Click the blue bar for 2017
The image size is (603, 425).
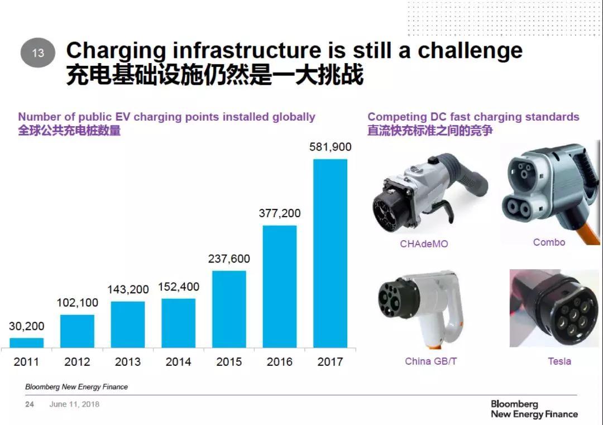click(330, 253)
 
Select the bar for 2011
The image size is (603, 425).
click(26, 342)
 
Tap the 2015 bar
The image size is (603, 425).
click(229, 309)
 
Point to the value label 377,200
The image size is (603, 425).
click(279, 213)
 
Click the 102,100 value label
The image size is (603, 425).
click(77, 303)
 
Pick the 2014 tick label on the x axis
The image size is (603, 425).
click(178, 362)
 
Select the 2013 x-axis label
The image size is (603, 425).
click(128, 362)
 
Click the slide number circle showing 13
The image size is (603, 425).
click(38, 53)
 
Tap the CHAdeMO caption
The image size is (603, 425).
click(424, 244)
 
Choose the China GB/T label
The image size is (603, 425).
click(430, 361)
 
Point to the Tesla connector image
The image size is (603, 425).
click(554, 308)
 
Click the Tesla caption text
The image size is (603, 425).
click(559, 361)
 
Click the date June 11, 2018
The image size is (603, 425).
click(74, 404)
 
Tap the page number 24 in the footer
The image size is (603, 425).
click(30, 404)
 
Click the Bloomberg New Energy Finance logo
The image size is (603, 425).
click(534, 409)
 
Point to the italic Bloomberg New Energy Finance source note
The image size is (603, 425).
click(76, 386)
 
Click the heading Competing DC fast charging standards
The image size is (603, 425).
click(473, 117)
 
